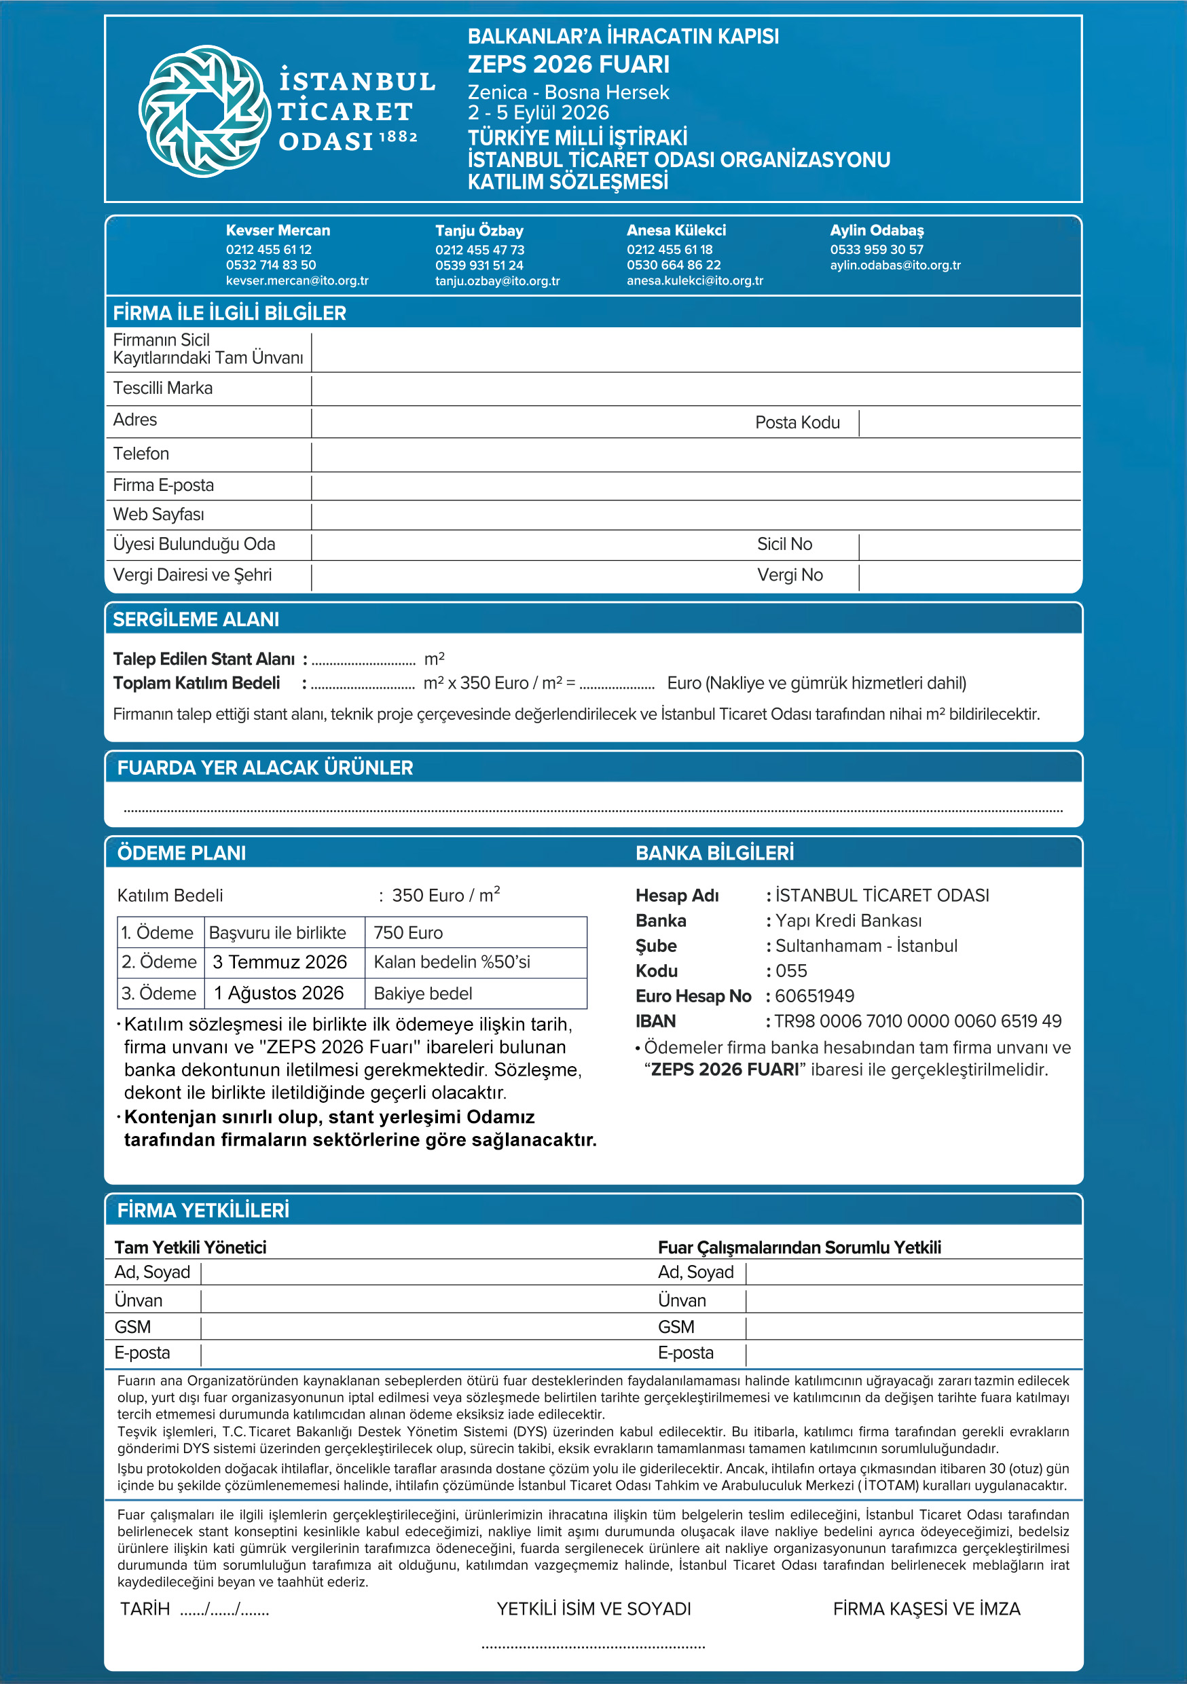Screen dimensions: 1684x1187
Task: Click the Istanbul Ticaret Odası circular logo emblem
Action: (x=204, y=111)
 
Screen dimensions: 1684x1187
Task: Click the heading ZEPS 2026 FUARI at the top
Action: (x=568, y=65)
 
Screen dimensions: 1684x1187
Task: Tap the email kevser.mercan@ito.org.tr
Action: (x=297, y=281)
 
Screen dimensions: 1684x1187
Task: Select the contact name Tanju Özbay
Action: (x=479, y=230)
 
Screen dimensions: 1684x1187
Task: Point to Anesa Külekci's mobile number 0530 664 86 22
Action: (x=674, y=265)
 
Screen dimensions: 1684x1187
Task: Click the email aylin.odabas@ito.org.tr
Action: (x=895, y=265)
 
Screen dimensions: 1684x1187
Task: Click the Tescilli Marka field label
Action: (x=163, y=388)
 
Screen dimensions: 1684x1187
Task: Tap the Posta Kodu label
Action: (x=797, y=422)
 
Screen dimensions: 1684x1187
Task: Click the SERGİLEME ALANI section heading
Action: (x=196, y=619)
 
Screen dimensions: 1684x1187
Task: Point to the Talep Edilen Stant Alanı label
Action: (x=203, y=659)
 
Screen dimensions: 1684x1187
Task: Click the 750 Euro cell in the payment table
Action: (x=408, y=932)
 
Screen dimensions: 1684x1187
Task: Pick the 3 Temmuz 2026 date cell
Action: (x=280, y=962)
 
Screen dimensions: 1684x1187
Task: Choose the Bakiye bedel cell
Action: (x=422, y=993)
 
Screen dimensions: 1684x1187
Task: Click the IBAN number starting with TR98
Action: (x=918, y=1021)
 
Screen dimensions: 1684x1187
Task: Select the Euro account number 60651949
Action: (x=814, y=996)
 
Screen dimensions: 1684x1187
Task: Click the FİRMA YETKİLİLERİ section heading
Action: (x=203, y=1210)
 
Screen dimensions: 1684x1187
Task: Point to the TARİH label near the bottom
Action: (x=145, y=1609)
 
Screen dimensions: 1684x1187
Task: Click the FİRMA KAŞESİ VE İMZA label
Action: (x=926, y=1609)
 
